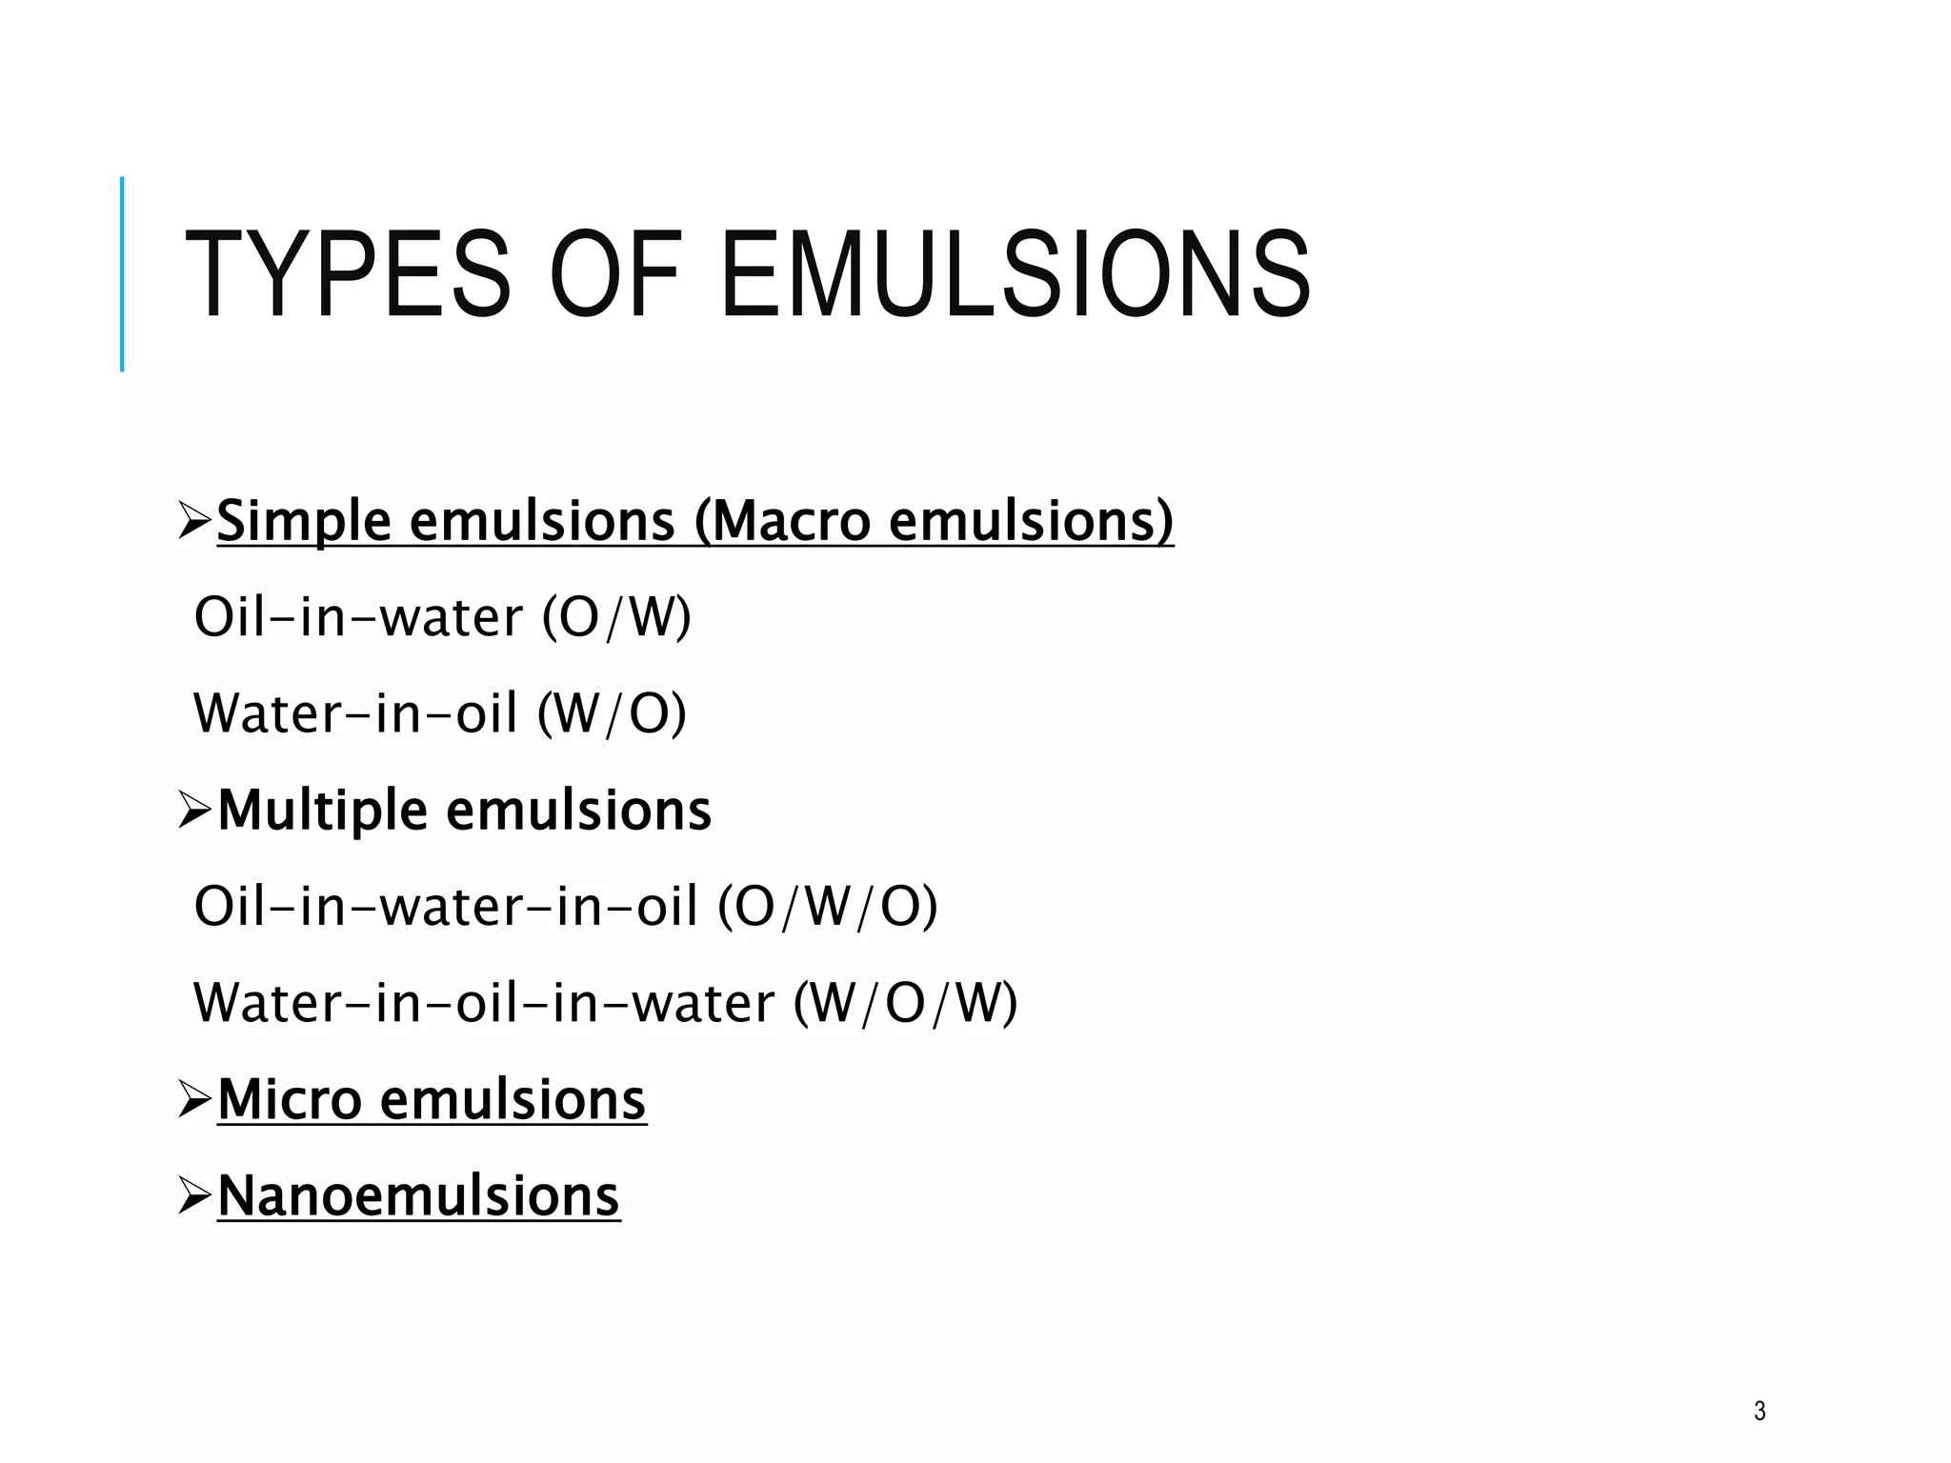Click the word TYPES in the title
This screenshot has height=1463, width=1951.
click(x=348, y=274)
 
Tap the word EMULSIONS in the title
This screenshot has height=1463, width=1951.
click(x=1016, y=274)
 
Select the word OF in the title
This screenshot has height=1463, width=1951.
click(x=615, y=274)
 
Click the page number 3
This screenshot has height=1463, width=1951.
click(x=1760, y=1411)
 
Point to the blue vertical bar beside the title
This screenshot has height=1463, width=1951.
click(x=122, y=274)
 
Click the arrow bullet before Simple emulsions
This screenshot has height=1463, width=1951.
click(x=194, y=522)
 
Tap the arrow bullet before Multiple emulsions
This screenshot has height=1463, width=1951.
click(x=194, y=812)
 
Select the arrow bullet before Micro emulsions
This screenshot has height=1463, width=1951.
click(x=194, y=1100)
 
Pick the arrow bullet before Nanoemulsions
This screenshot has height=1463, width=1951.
click(x=194, y=1196)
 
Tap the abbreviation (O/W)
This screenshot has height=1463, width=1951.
click(x=616, y=617)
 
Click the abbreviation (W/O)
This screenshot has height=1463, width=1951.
click(x=612, y=713)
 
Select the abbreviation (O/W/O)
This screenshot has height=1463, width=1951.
click(x=827, y=906)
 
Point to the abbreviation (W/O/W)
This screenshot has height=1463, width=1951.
click(x=905, y=1003)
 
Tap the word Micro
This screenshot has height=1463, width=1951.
click(x=290, y=1100)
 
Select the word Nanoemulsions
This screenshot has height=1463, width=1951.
click(x=418, y=1196)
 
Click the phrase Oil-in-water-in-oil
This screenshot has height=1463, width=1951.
click(x=446, y=906)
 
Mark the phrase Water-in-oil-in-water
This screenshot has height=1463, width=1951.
click(x=484, y=1003)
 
